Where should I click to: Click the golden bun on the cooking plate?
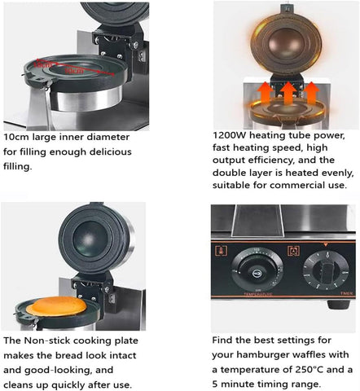[x=57, y=306]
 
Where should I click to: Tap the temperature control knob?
[x=257, y=270]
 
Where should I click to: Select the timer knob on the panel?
[x=326, y=270]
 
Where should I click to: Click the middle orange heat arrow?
[x=288, y=93]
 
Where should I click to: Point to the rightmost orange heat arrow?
[x=311, y=93]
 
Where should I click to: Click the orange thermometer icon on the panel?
[x=222, y=251]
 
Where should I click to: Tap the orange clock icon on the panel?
[x=293, y=251]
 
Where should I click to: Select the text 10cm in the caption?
[x=16, y=137]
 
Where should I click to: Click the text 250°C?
[x=308, y=369]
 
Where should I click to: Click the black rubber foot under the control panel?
[x=338, y=305]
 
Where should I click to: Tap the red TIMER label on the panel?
[x=346, y=293]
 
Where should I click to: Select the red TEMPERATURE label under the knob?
[x=258, y=294]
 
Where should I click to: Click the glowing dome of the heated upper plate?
[x=287, y=43]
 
